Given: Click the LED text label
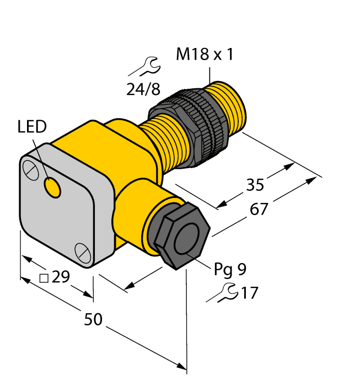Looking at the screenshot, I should coord(31,127).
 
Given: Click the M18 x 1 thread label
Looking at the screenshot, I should coord(205,55).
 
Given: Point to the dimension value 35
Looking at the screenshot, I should coord(255,185).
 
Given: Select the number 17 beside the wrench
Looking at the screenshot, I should coord(249,293).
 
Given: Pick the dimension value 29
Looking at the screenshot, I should coord(61,277).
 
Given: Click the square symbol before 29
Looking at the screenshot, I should coord(44,277).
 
